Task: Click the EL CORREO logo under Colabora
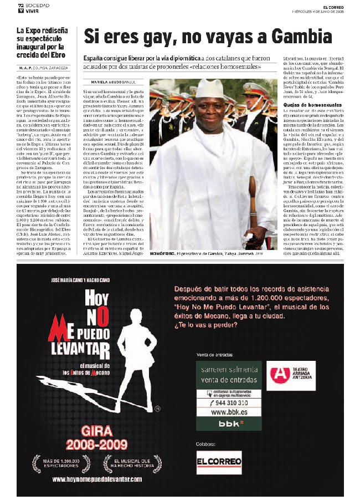pos(219,462)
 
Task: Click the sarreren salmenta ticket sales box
pos(229,373)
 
